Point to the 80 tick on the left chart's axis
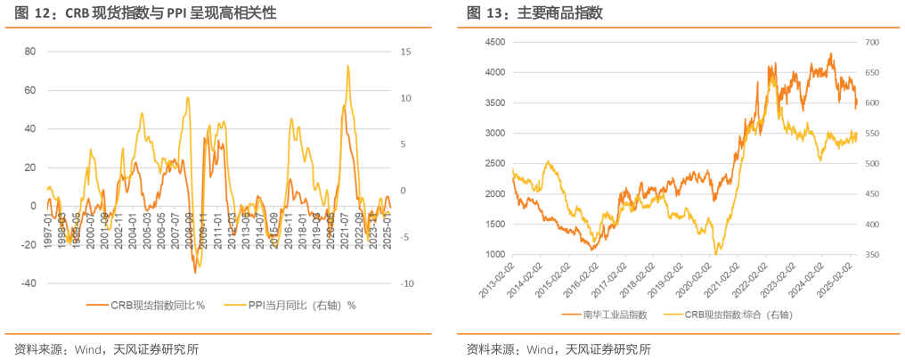(29, 52)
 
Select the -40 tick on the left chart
(27, 283)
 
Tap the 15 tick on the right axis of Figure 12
(405, 52)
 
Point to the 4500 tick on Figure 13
(494, 42)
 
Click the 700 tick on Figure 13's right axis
(871, 42)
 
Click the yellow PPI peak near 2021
(348, 66)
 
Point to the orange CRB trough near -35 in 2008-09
(195, 272)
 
